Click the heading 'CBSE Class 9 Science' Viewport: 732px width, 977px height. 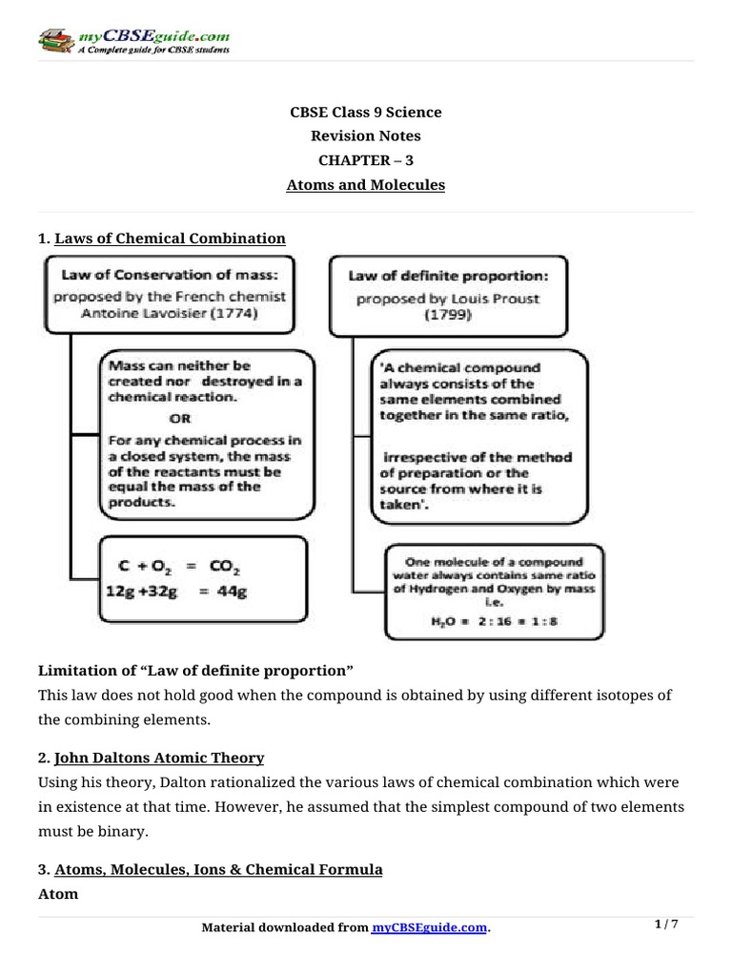[x=366, y=113]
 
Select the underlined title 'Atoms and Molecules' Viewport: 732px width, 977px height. [x=366, y=185]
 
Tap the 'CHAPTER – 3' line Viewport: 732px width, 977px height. [x=366, y=160]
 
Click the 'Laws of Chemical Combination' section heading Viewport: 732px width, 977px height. [x=171, y=238]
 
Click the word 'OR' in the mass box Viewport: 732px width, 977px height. [x=178, y=419]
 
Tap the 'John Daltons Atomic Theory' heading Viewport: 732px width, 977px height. [x=159, y=758]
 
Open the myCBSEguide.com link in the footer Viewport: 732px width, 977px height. [x=429, y=928]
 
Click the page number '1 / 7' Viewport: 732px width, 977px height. [x=667, y=925]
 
